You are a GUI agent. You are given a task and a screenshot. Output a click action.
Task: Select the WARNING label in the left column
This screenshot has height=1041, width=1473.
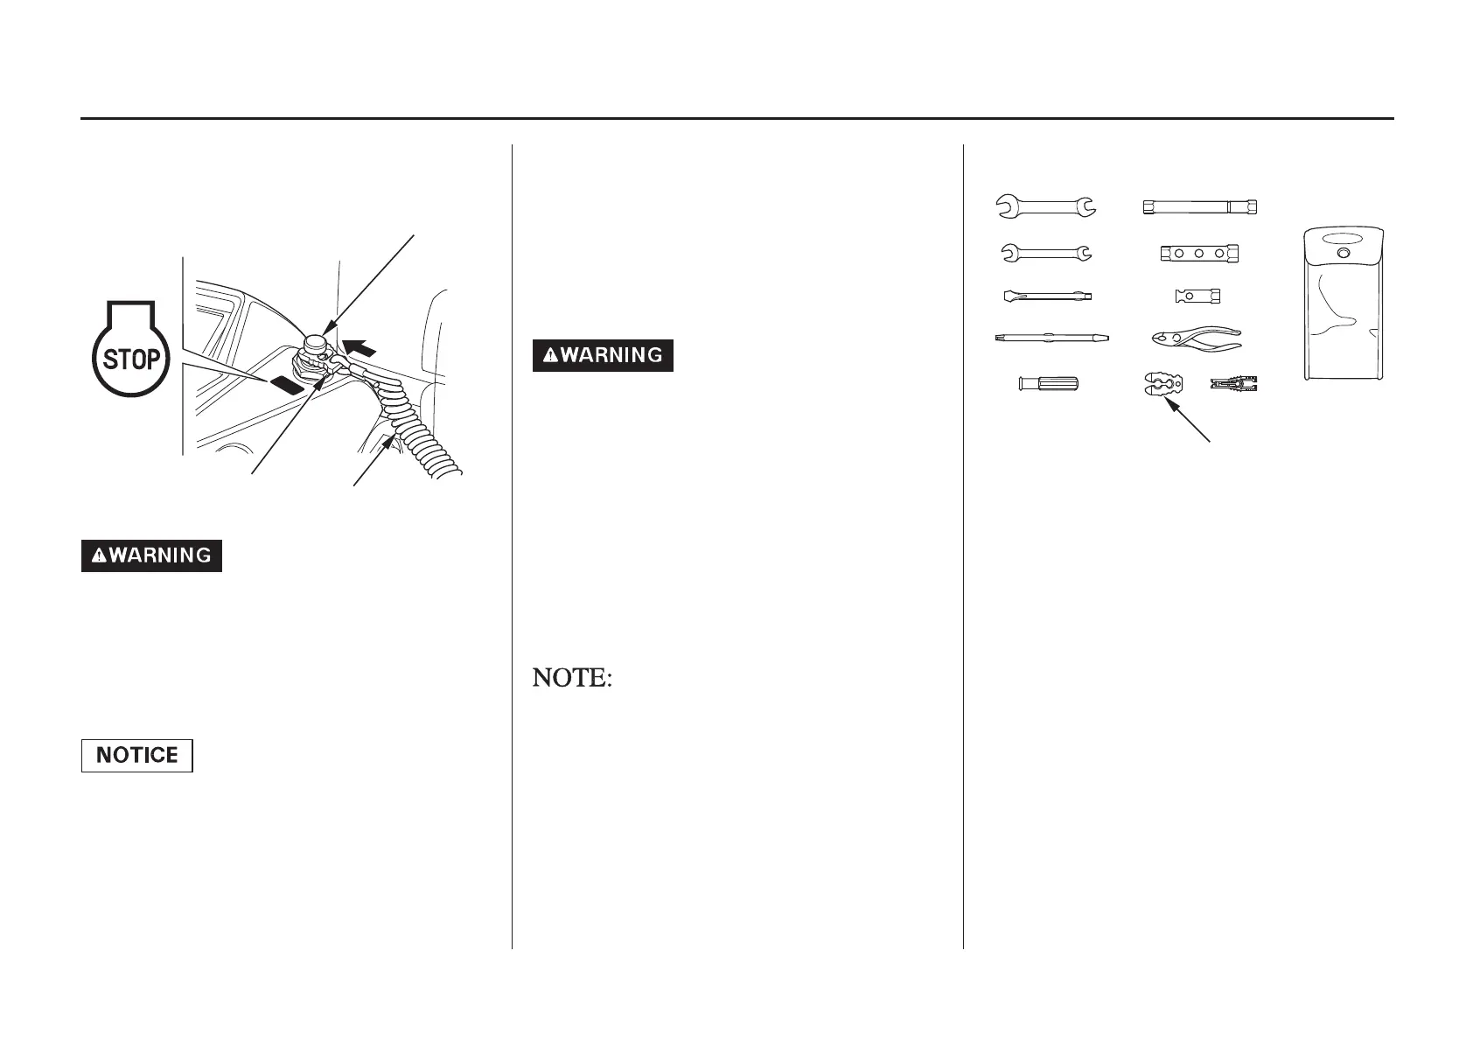151,555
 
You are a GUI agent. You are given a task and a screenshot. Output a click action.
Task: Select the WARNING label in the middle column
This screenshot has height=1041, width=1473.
603,355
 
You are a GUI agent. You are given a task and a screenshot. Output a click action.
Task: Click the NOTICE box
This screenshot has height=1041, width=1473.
136,755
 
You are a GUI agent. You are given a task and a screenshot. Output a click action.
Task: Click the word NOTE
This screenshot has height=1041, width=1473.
571,678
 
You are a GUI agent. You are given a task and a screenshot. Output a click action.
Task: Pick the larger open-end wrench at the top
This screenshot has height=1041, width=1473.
1045,206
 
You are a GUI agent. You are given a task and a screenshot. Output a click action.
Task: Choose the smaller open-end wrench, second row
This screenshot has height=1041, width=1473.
1045,253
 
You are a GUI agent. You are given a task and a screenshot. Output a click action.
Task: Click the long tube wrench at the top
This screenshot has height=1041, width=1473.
1199,207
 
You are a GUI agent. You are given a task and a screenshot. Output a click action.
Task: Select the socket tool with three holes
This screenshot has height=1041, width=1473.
1199,253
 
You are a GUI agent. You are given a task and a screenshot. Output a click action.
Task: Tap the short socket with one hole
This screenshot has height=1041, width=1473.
1197,296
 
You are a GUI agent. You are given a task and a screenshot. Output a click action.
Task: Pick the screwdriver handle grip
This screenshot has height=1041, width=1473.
1049,383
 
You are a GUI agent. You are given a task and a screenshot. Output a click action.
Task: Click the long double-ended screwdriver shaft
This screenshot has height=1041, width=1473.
1051,337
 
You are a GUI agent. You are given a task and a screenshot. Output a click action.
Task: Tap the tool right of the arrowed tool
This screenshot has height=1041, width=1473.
1234,383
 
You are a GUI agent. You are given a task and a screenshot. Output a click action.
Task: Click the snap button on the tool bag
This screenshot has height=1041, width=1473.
1344,254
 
